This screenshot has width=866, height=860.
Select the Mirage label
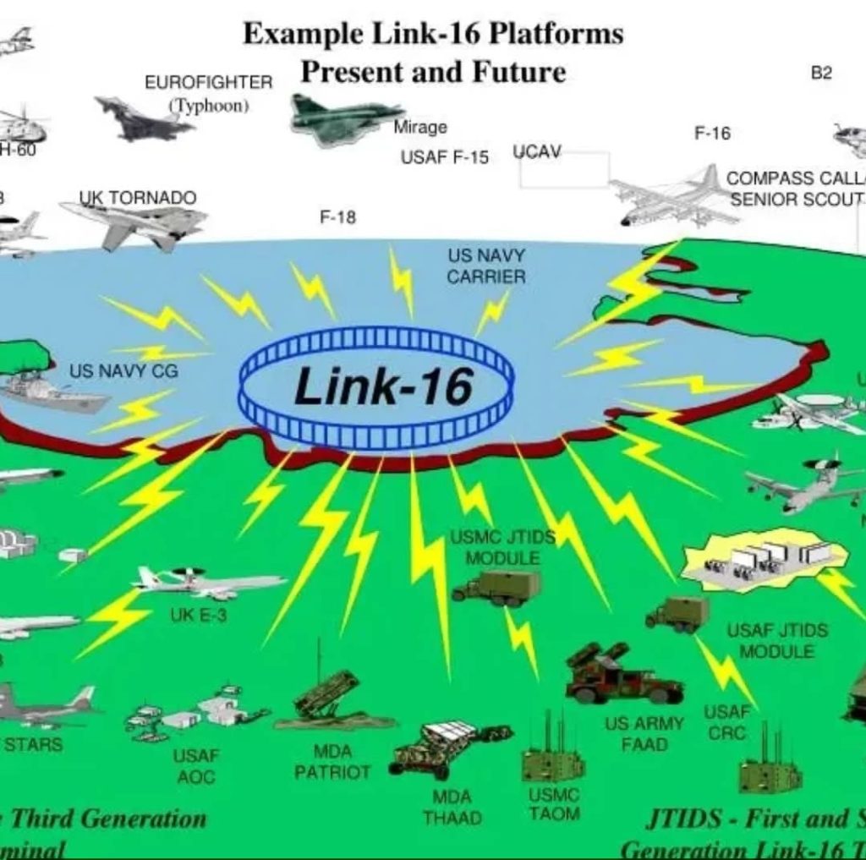(420, 128)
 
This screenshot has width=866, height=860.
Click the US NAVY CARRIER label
(486, 266)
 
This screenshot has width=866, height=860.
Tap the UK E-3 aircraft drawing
(207, 583)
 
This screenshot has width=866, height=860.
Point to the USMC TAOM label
(554, 804)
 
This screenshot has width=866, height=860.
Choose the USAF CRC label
(726, 723)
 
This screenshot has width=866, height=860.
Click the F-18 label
(337, 217)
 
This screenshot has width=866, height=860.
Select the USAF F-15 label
(444, 158)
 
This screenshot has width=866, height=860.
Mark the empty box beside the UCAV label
(564, 170)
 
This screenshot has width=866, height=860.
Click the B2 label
(821, 74)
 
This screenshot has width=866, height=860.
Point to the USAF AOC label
(196, 765)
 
